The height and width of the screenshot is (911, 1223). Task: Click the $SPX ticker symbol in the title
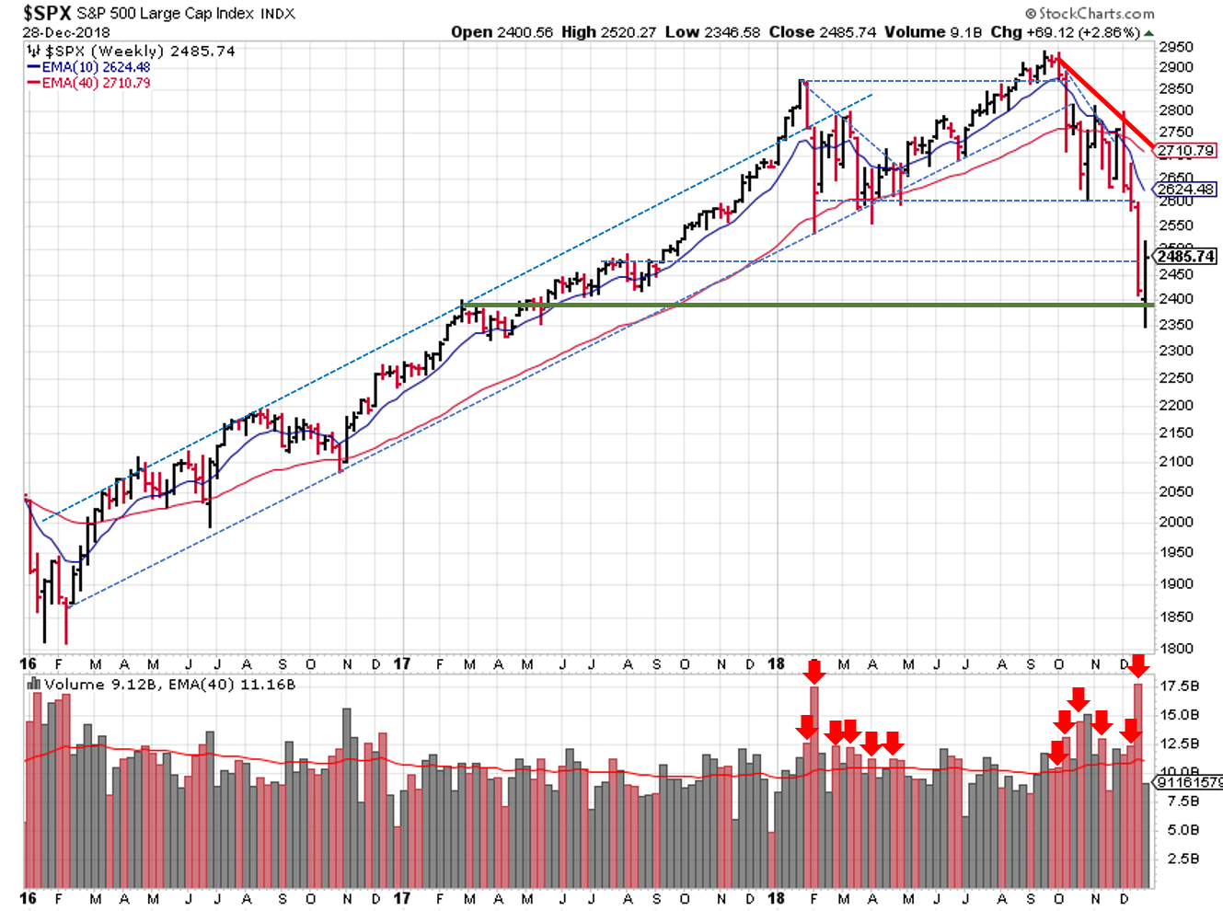point(47,13)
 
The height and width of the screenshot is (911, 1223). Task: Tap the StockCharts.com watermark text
point(1096,13)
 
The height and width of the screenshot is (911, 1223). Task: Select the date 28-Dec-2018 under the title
point(65,32)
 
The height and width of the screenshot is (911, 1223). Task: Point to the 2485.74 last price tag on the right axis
point(1186,257)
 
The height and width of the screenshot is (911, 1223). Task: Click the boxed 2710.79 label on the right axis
point(1186,150)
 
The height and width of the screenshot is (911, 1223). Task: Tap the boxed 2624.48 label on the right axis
point(1186,190)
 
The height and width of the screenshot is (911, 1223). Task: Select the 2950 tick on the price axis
point(1176,47)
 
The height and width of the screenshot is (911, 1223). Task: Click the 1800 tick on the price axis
point(1176,648)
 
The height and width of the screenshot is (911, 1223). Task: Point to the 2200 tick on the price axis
point(1176,405)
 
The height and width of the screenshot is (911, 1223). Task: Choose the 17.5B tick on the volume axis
point(1180,686)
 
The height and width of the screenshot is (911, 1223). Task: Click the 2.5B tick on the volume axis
point(1183,859)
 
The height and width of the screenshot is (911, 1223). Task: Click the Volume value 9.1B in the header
point(967,32)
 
